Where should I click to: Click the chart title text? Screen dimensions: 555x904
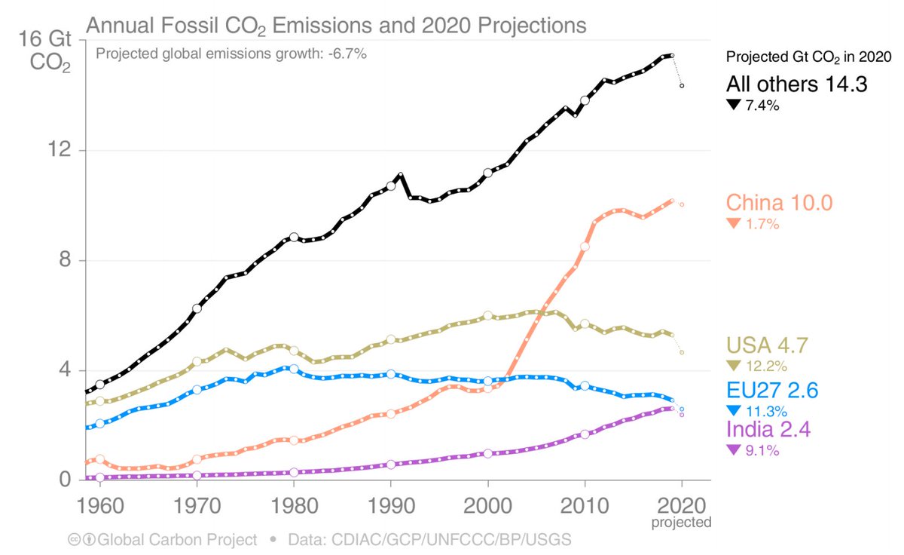pos(336,26)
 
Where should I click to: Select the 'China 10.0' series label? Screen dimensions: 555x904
pos(779,203)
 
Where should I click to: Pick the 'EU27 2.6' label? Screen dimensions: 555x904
pos(772,390)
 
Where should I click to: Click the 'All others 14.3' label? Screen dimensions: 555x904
pos(797,84)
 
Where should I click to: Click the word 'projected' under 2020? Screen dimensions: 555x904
pos(682,521)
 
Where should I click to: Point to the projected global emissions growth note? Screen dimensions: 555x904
pos(231,54)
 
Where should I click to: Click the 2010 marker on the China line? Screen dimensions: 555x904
pos(585,247)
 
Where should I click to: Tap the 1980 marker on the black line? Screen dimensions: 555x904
pos(294,238)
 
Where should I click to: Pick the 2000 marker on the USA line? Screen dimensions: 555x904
pos(487,314)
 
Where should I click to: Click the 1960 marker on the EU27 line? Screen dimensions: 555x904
pos(99,423)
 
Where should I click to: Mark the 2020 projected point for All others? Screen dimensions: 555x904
pos(682,86)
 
